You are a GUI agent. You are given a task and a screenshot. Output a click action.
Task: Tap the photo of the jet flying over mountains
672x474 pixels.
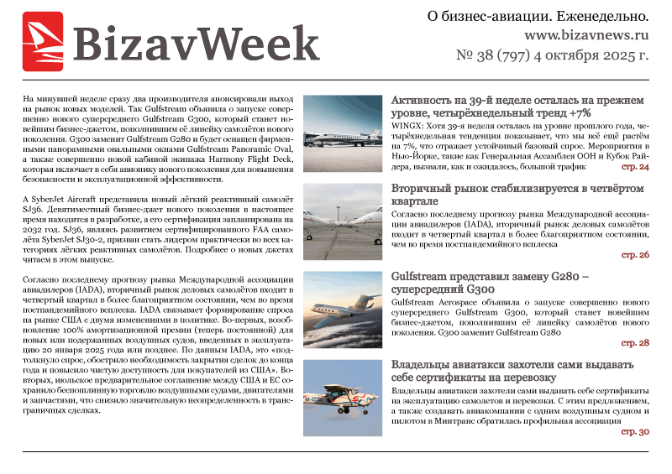pos(343,310)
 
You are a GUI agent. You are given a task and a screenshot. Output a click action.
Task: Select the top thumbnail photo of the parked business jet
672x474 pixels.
pos(343,133)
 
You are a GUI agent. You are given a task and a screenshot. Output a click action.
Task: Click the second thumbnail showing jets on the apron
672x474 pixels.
pos(343,221)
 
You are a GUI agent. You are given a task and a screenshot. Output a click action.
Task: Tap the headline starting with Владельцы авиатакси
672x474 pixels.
pos(521,371)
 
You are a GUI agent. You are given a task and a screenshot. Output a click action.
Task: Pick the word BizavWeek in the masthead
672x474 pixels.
pos(195,42)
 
